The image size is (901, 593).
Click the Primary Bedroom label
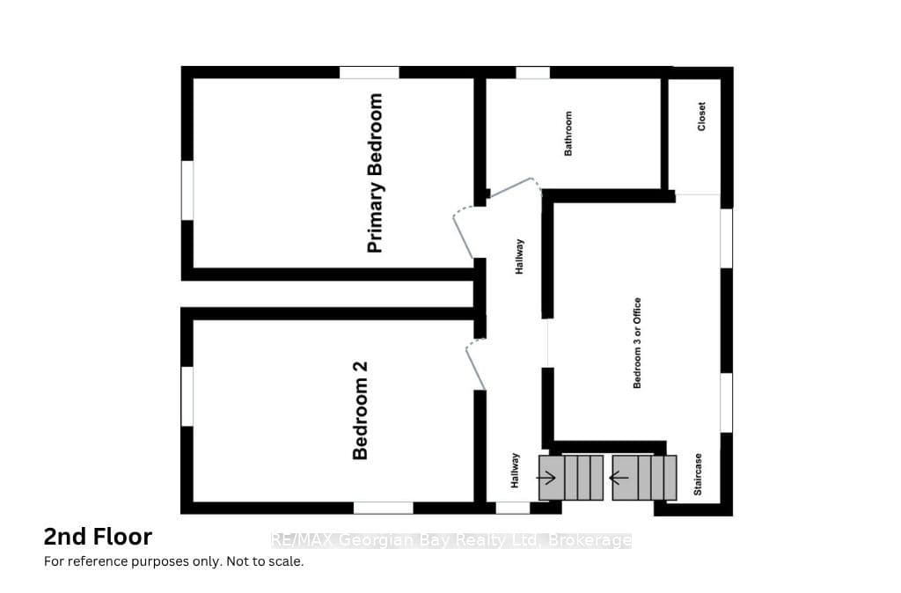click(x=375, y=173)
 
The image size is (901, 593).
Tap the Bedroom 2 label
click(x=360, y=410)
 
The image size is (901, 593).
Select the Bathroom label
click(x=568, y=134)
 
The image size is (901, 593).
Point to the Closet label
click(x=701, y=116)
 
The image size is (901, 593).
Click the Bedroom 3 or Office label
click(x=637, y=343)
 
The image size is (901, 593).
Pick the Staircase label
click(x=698, y=474)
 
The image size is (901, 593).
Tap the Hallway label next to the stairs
click(x=515, y=471)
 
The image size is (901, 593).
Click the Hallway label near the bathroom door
click(x=519, y=256)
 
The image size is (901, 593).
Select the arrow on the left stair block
click(x=546, y=477)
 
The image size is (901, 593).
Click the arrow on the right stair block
click(x=619, y=477)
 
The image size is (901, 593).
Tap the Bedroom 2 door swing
click(x=476, y=366)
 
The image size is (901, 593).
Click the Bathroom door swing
click(x=513, y=187)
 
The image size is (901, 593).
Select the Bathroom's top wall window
click(x=532, y=72)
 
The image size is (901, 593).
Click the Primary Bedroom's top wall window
click(x=369, y=72)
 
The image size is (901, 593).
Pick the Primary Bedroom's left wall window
click(x=187, y=190)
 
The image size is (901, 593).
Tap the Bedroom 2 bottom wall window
click(x=384, y=508)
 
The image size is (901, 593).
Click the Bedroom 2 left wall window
click(x=187, y=396)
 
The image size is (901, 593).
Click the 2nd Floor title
click(x=98, y=537)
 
